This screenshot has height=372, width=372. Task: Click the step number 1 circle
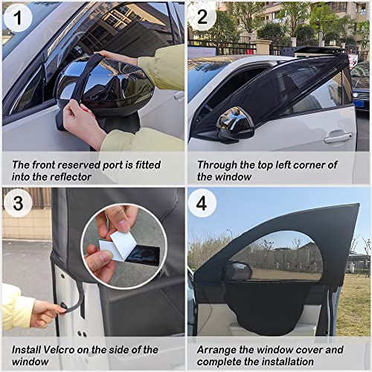click(x=17, y=18)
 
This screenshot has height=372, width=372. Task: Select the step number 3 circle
click(x=17, y=203)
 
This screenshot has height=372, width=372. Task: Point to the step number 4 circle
click(x=203, y=203)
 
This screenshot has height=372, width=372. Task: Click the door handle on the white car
click(x=338, y=137)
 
